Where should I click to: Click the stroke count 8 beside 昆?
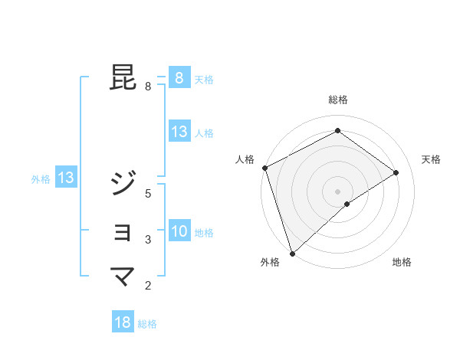(x=148, y=87)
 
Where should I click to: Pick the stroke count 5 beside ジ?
(x=148, y=193)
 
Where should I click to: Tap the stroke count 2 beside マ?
(x=148, y=286)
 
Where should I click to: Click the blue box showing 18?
(x=123, y=322)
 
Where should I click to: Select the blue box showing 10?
(x=179, y=231)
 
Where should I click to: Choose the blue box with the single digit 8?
(x=179, y=78)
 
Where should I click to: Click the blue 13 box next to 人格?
(x=179, y=132)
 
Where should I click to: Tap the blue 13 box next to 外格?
(x=66, y=178)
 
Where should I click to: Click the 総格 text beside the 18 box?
(x=147, y=324)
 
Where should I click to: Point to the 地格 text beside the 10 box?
(x=204, y=233)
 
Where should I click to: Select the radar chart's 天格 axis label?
(x=431, y=159)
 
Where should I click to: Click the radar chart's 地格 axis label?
(x=402, y=262)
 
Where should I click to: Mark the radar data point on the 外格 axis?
(x=292, y=253)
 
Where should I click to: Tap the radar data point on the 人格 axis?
(x=264, y=168)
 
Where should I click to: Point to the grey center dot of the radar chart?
(x=337, y=191)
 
